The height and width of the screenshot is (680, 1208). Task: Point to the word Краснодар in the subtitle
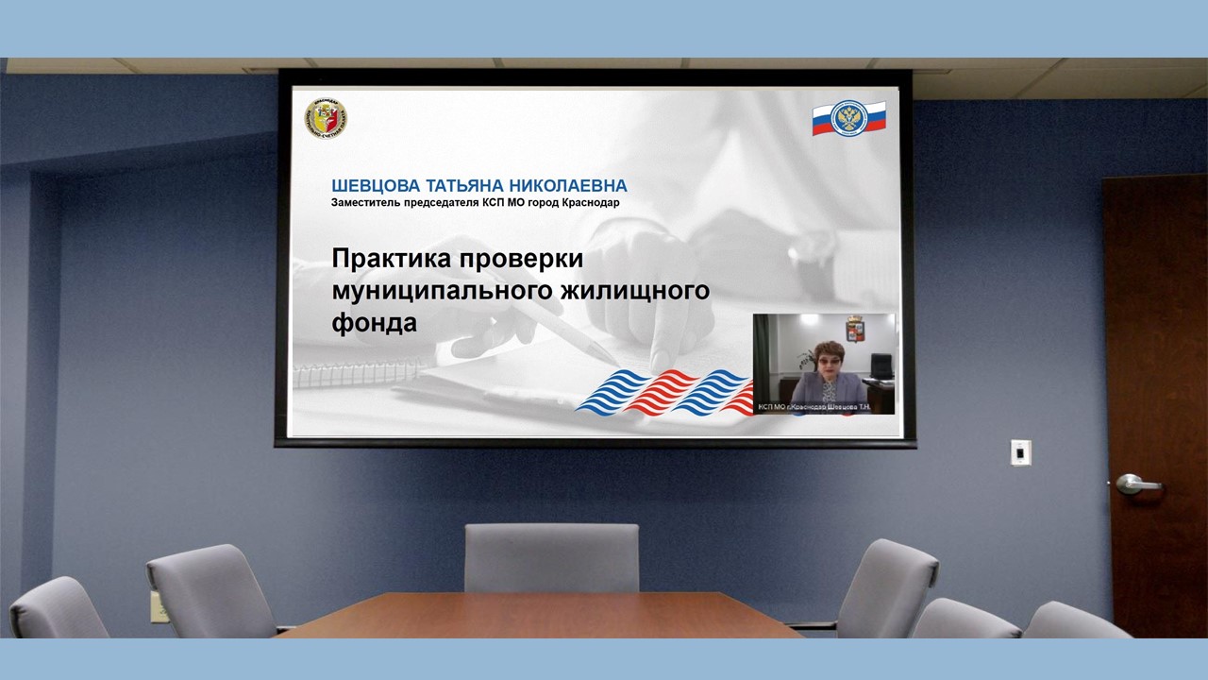coord(591,202)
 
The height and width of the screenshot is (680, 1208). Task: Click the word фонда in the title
coord(374,322)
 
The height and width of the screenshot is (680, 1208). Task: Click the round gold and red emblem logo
coord(325,117)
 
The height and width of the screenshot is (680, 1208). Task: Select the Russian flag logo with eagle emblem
coord(848,118)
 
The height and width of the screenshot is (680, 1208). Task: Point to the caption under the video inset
coord(823,408)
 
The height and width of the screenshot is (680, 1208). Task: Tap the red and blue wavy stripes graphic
coord(665,391)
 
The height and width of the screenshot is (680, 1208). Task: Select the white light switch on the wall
coord(1020,452)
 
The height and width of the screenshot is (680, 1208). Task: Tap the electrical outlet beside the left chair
coord(157,606)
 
